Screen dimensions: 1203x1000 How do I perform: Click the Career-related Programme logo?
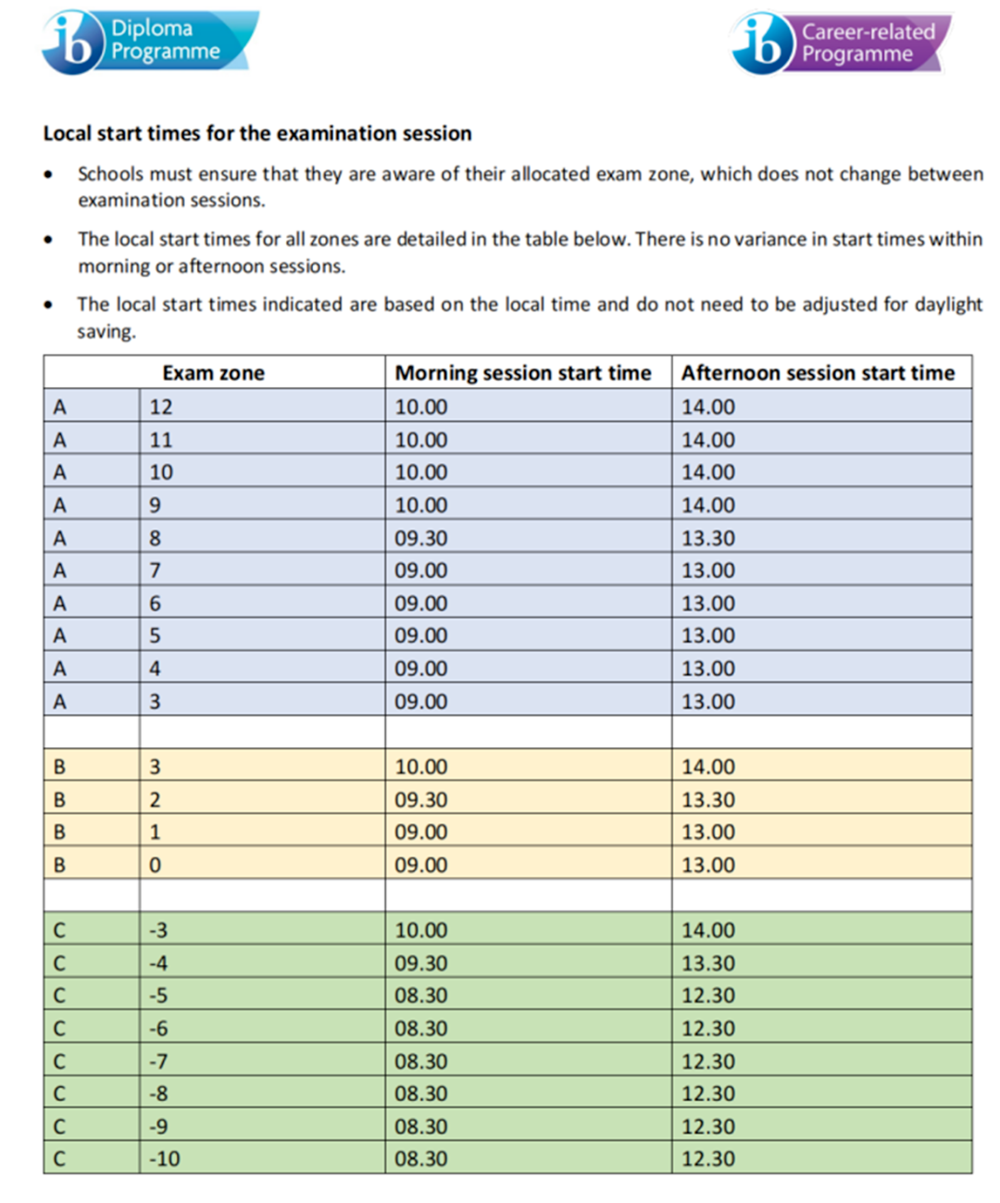point(841,43)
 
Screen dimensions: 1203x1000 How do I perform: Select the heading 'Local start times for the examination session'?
point(257,133)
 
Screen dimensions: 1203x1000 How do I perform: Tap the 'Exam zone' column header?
point(213,373)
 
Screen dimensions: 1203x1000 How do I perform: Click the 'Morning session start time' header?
point(523,373)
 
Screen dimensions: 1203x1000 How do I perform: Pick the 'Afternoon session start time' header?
point(818,373)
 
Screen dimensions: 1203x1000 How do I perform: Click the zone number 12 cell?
point(161,407)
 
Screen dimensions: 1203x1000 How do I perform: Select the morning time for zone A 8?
point(421,538)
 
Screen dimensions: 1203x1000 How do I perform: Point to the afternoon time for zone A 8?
point(708,538)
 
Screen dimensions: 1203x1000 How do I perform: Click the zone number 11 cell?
point(161,440)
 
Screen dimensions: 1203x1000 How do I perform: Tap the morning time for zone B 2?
point(421,800)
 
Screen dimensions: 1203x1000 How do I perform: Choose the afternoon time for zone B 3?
point(708,767)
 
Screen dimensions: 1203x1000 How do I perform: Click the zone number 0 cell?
point(156,865)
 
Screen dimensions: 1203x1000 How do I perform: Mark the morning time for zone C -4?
point(421,963)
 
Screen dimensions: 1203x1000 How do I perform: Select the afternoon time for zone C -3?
point(708,931)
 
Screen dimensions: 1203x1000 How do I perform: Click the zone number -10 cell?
point(165,1159)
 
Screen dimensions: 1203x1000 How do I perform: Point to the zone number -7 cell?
point(159,1061)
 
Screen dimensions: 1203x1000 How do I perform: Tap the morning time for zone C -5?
point(421,996)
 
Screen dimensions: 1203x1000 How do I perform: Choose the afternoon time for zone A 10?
point(708,472)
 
